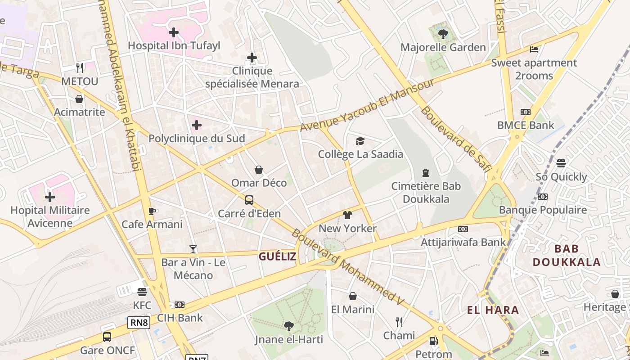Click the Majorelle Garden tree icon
click(x=443, y=34)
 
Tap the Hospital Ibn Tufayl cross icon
click(x=174, y=32)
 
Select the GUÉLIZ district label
click(x=277, y=256)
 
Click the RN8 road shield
click(x=139, y=322)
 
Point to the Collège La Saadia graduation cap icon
click(x=360, y=141)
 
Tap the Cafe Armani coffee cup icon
click(x=152, y=211)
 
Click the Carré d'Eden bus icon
click(x=249, y=200)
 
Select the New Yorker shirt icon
click(x=347, y=215)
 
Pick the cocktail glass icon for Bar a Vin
click(x=193, y=249)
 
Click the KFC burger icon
click(x=142, y=292)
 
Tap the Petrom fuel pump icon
click(x=433, y=341)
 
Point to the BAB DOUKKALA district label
click(x=566, y=256)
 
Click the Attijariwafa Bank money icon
click(x=463, y=229)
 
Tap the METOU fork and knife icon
click(x=80, y=68)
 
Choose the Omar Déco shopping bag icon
click(x=259, y=170)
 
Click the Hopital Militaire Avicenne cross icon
click(x=50, y=197)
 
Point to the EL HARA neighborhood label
click(x=493, y=310)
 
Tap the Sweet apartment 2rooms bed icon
click(x=534, y=49)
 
